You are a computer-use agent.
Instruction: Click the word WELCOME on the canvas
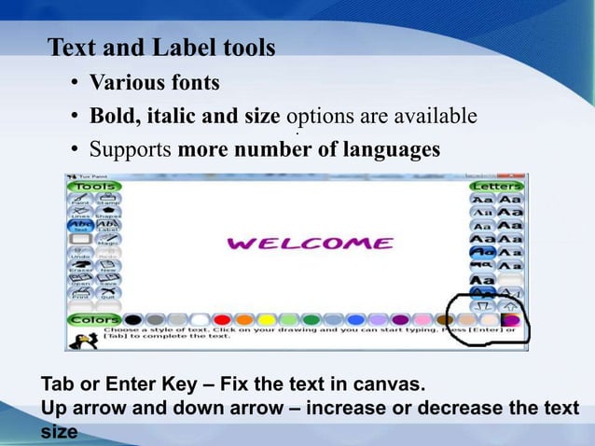(x=311, y=244)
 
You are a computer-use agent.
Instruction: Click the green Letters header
(x=496, y=187)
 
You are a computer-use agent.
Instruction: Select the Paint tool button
(x=80, y=200)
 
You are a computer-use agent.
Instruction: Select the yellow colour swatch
(x=268, y=320)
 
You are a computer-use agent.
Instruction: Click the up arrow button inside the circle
(x=509, y=304)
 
